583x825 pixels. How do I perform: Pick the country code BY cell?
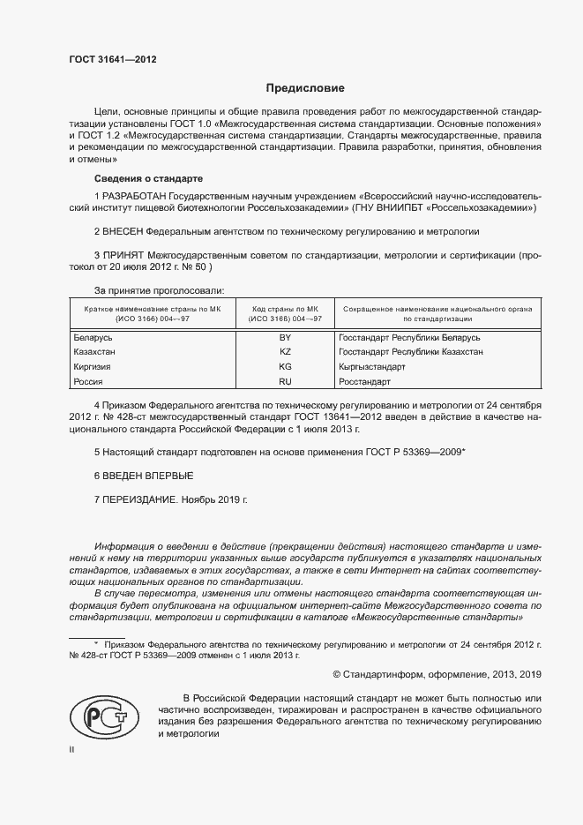[285, 338]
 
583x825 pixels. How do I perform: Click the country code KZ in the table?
[285, 352]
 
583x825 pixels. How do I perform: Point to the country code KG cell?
[285, 366]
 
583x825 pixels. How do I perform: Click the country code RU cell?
[285, 381]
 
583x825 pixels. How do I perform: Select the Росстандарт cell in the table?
[364, 381]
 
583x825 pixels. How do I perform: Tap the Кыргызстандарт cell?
[371, 366]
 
